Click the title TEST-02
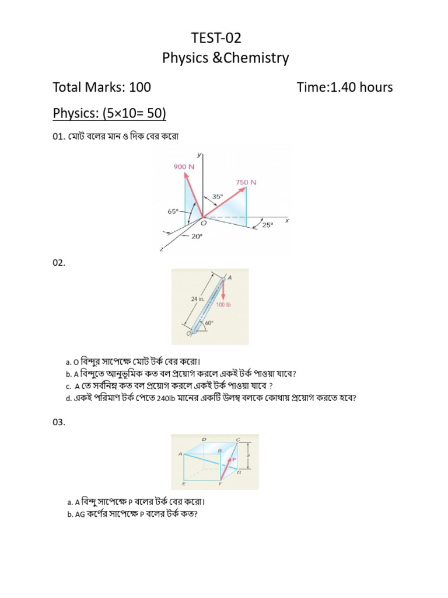pyautogui.click(x=216, y=39)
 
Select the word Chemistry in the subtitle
pyautogui.click(x=258, y=58)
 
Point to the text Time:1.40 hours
pyautogui.click(x=344, y=88)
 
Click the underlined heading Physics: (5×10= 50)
pyautogui.click(x=110, y=113)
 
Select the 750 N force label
pyautogui.click(x=246, y=182)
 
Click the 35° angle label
pyautogui.click(x=217, y=197)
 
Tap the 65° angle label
pyautogui.click(x=173, y=212)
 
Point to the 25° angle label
pyautogui.click(x=267, y=224)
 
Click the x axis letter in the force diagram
pyautogui.click(x=287, y=221)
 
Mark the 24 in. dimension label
pyautogui.click(x=197, y=298)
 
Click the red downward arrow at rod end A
pyautogui.click(x=223, y=291)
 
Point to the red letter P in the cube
pyautogui.click(x=233, y=460)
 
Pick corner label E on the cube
pyautogui.click(x=184, y=484)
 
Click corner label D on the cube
pyautogui.click(x=204, y=439)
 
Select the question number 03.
pyautogui.click(x=60, y=423)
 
